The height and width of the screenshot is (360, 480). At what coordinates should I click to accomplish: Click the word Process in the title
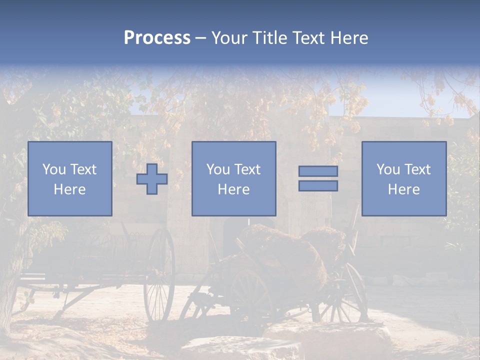pos(157,38)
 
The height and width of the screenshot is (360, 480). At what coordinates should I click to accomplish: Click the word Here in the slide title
pos(350,38)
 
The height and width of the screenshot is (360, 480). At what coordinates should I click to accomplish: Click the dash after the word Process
pos(200,38)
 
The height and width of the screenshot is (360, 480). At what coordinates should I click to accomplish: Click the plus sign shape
pos(152,179)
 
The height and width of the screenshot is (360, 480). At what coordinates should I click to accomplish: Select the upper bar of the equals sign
pos(318,171)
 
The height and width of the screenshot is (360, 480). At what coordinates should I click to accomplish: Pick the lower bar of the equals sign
pos(318,186)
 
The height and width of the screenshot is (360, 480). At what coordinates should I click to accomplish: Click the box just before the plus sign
pos(70,178)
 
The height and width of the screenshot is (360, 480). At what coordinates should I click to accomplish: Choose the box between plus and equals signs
pos(234,178)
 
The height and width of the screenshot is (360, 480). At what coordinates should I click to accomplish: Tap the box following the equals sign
pos(404,178)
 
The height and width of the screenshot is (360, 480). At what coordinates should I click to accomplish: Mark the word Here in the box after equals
pos(404,189)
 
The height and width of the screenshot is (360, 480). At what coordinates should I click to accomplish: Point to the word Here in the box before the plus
pos(70,189)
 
